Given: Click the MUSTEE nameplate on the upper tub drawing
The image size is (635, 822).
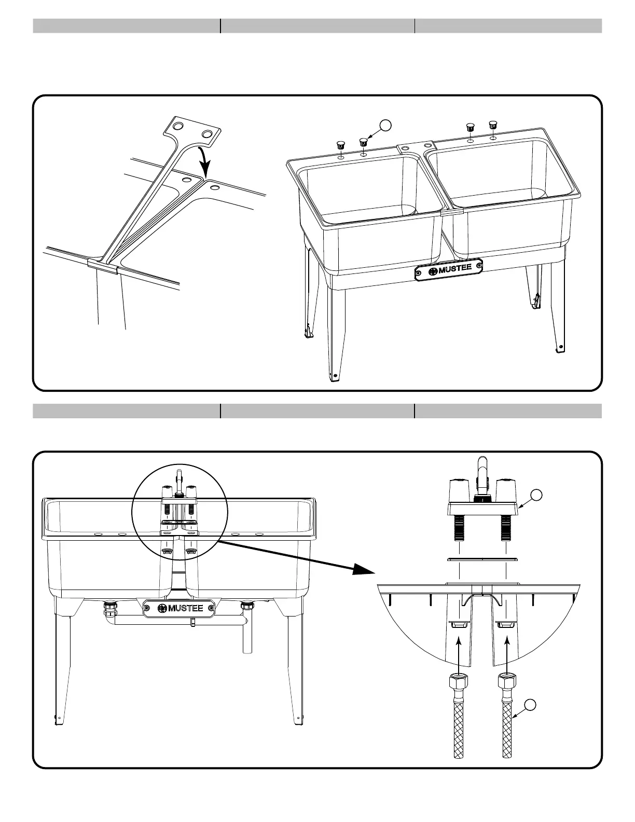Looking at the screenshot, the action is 449,269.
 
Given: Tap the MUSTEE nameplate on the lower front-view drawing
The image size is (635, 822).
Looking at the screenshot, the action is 180,608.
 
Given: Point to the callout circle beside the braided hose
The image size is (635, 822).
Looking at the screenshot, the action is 529,705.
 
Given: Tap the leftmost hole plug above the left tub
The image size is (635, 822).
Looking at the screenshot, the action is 341,144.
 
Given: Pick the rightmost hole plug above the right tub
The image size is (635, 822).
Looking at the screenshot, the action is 493,125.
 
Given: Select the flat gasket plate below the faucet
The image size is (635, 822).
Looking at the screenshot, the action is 482,559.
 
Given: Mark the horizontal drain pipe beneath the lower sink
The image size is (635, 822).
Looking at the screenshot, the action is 176,621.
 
